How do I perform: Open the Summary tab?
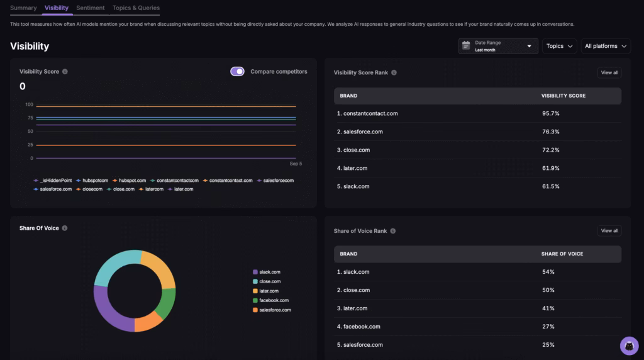[x=23, y=8]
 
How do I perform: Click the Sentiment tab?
[x=91, y=8]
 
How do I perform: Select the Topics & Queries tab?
[x=136, y=8]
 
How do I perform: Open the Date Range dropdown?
[x=498, y=46]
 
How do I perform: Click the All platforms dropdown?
[x=606, y=46]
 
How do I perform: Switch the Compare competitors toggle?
[x=237, y=72]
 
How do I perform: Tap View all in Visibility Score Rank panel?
[x=609, y=73]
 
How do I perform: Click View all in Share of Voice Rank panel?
[x=609, y=231]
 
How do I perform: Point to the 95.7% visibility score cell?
[x=550, y=114]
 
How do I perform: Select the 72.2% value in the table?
[x=550, y=150]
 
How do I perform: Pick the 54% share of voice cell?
[x=548, y=272]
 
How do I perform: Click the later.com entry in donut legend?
[x=270, y=291]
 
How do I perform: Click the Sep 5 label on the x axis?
[x=296, y=164]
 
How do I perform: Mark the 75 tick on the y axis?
[x=29, y=118]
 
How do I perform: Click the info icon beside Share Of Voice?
[x=65, y=228]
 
